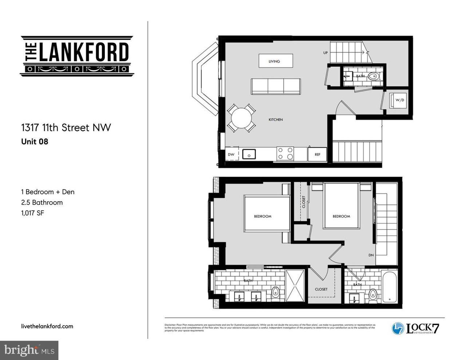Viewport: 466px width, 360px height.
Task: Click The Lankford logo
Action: coord(77,56)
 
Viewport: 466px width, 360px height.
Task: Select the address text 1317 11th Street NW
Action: coord(66,128)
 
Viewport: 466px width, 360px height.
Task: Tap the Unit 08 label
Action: coord(35,142)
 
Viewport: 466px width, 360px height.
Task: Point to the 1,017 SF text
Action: coord(32,213)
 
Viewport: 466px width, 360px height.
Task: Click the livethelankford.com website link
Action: coord(47,326)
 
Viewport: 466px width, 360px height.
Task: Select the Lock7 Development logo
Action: coord(415,328)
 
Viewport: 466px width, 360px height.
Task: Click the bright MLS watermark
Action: coord(29,351)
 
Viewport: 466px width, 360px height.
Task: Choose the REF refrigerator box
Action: coord(317,154)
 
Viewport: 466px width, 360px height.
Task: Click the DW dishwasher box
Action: coord(231,154)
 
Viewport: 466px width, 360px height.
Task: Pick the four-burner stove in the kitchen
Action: coord(285,153)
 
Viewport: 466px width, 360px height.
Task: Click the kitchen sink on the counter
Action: coord(249,154)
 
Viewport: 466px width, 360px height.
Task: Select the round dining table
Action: coord(241,118)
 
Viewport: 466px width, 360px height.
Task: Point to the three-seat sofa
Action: coord(276,86)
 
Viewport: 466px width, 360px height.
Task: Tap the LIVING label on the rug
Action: coord(274,61)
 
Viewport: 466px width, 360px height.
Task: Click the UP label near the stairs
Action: coord(325,52)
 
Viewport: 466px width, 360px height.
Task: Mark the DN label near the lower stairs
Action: coord(371,255)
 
